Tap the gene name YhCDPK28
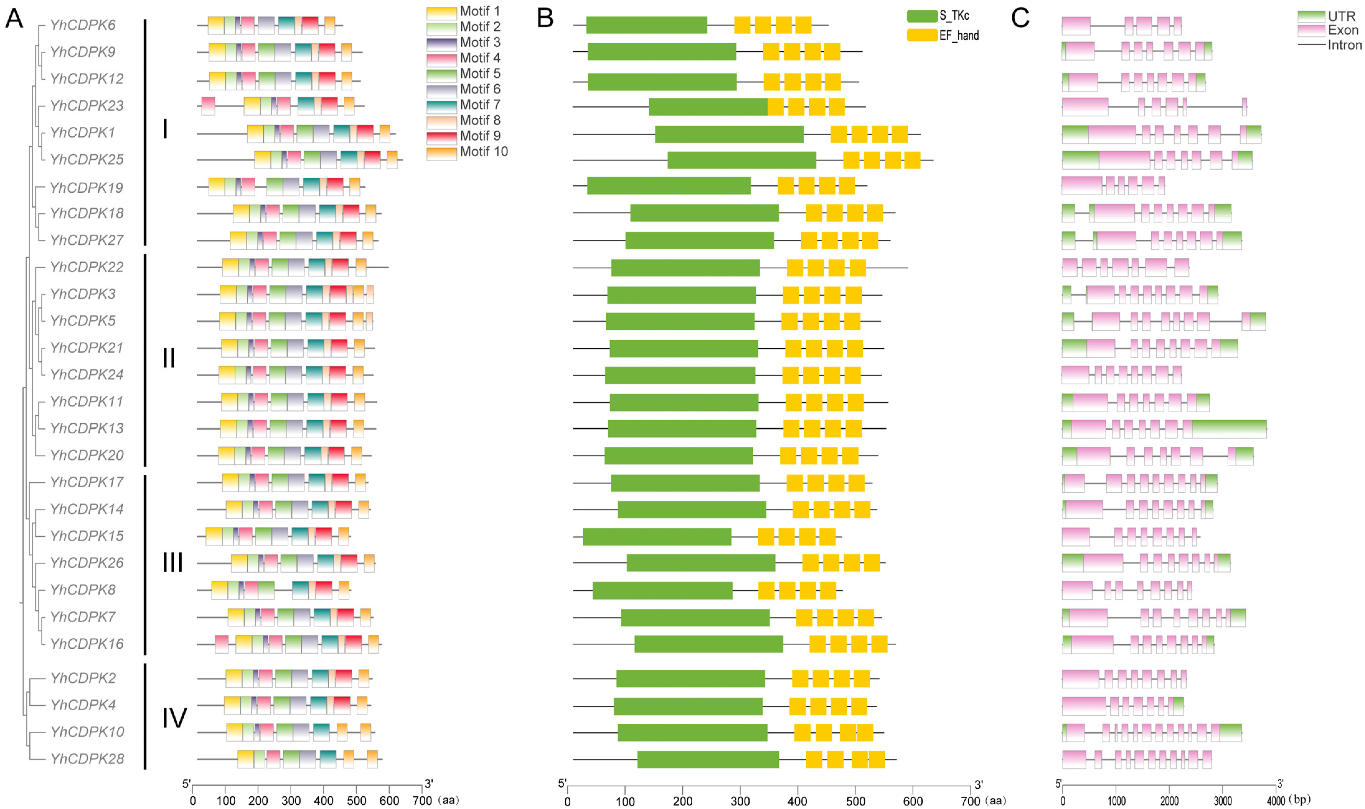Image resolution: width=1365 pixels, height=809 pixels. click(87, 759)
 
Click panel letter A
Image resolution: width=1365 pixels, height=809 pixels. click(14, 19)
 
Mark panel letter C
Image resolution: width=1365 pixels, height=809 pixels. click(1020, 18)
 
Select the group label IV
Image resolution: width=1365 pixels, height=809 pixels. click(174, 718)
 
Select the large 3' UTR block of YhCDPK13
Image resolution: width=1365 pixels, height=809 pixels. click(1229, 429)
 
